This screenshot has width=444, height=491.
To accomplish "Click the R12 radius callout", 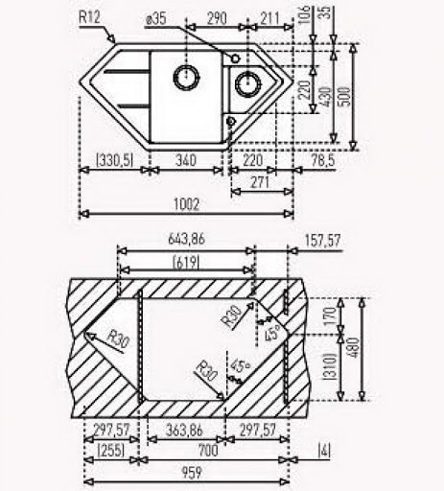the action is click(x=89, y=17).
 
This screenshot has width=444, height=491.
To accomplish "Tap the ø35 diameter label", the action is click(x=155, y=19).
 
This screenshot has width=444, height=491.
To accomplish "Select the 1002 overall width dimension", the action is click(x=186, y=204).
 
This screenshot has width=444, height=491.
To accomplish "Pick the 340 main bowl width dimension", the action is click(x=186, y=160).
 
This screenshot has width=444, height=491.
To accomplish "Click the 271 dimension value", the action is click(x=260, y=182).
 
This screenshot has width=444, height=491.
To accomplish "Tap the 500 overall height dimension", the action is click(x=345, y=96).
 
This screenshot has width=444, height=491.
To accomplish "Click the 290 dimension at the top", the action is click(x=217, y=18).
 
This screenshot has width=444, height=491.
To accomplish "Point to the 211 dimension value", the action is click(x=269, y=18).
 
